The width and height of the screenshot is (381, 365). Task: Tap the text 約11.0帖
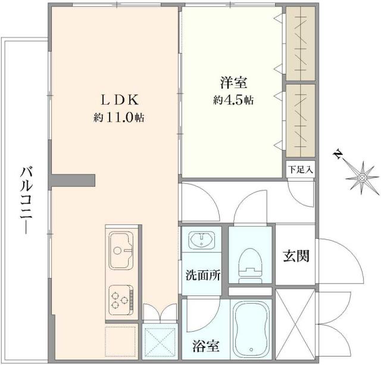118,118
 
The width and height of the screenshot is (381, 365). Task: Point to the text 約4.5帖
233,101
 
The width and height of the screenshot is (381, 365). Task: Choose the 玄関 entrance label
295,257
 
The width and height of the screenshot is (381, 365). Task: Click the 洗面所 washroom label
203,276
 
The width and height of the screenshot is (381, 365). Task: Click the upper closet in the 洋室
301,45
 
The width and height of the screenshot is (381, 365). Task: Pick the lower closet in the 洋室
301,116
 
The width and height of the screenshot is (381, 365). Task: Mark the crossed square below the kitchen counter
159,341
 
